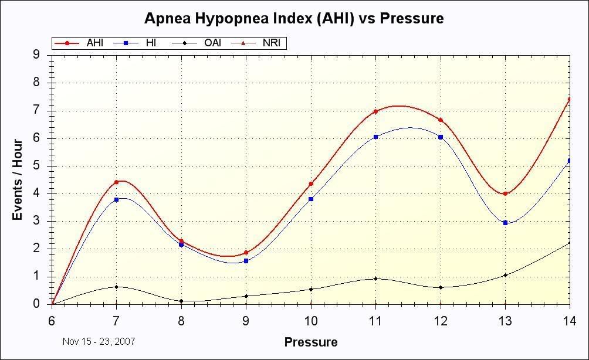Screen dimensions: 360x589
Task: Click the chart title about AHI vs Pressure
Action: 294,18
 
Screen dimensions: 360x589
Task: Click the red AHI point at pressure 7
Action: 116,182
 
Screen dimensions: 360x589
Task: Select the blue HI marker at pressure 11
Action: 375,137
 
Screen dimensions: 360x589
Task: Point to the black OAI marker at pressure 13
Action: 505,275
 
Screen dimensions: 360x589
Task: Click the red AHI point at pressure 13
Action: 505,193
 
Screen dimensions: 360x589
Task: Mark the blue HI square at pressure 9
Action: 246,261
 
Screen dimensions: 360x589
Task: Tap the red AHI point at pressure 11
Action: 375,111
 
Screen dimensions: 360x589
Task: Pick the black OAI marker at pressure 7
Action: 116,287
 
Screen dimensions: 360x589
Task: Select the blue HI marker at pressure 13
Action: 505,223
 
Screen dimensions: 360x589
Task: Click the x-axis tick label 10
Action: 310,321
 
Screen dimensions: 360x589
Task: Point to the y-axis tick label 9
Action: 36,55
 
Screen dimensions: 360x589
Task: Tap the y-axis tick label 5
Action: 36,166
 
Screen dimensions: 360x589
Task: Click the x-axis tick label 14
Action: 569,321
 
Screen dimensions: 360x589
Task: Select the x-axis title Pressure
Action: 310,342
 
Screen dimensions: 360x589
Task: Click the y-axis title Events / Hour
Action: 18,179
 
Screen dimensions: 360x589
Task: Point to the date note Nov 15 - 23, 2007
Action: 99,341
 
